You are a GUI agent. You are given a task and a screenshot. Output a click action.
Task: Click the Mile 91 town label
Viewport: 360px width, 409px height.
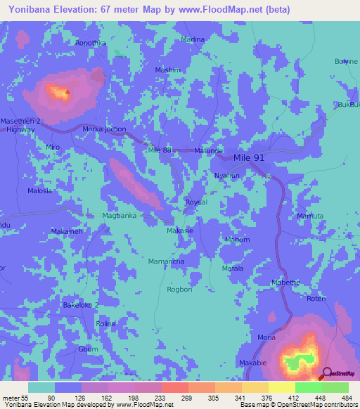249,158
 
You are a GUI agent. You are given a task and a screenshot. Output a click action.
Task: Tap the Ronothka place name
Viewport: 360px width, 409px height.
91,43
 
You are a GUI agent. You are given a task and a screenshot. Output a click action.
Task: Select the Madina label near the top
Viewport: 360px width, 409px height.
193,39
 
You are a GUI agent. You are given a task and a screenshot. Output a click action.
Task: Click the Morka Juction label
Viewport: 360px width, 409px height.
104,129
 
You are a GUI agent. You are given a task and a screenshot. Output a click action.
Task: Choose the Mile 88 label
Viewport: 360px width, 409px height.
160,150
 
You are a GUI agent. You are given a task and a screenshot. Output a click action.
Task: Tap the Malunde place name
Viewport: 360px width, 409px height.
209,150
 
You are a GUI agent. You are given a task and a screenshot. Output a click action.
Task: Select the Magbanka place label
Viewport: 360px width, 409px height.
119,216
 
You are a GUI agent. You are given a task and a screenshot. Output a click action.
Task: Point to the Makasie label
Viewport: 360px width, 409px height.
180,231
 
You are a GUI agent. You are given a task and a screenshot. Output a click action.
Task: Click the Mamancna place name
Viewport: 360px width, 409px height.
167,261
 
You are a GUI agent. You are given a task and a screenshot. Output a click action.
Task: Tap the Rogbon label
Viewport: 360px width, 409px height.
179,289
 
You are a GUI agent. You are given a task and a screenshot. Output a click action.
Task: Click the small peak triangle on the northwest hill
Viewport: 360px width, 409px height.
67,91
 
